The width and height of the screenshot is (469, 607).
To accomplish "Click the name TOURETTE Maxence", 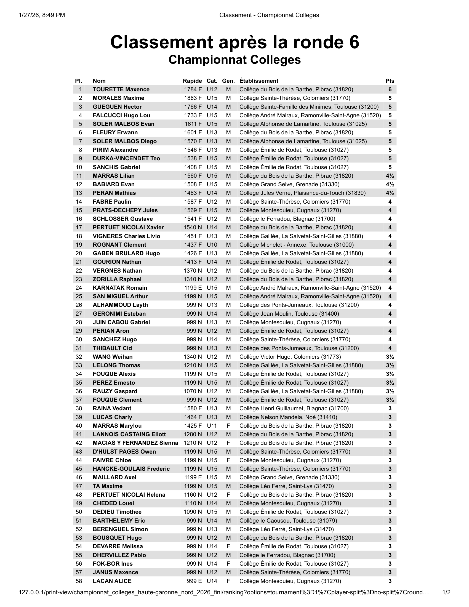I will point(121,89).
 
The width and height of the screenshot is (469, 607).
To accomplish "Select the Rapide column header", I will point(192,81).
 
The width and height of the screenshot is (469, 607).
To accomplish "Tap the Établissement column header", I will point(259,81).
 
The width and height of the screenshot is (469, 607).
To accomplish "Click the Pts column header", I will point(390,81).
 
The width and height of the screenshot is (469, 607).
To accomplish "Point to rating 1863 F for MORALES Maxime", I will point(193,98).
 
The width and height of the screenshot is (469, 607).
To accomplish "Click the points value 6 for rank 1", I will point(390,89).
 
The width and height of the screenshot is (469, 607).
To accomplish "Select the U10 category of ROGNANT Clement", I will point(212,245).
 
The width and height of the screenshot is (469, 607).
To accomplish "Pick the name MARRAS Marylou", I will point(117,426).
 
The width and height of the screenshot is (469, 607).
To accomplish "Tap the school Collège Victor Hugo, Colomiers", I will point(290,357).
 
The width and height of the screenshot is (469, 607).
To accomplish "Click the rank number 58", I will point(79,581).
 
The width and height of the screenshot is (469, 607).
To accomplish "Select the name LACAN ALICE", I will point(112,581).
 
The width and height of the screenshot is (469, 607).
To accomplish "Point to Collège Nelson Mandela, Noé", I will point(288,417).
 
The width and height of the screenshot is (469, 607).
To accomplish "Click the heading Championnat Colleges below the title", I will point(234,60).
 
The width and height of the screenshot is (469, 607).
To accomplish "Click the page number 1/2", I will point(446,592).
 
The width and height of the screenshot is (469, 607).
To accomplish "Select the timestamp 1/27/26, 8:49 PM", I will point(42,15).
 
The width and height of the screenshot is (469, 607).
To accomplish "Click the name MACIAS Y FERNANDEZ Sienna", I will point(135,443).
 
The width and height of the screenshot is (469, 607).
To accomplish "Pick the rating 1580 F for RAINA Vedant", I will point(193,409).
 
